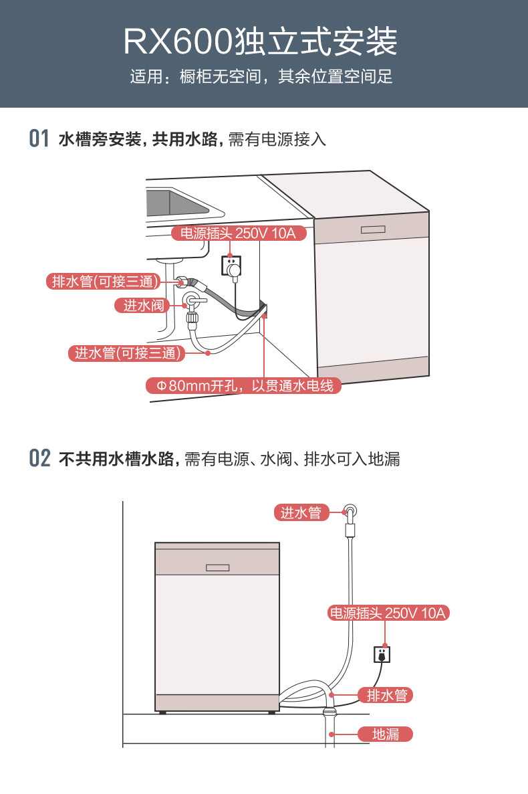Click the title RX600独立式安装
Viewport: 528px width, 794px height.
point(261,41)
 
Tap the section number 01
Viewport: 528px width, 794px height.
point(39,139)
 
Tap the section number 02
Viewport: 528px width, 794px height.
point(39,459)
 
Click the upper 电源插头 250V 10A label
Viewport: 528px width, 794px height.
point(234,233)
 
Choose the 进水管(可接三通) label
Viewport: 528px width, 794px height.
point(126,353)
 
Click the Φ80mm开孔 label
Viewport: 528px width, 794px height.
point(244,386)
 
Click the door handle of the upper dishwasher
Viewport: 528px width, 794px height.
point(373,229)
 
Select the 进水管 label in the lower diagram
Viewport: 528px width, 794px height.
point(301,513)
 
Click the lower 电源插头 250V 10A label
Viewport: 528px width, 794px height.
point(388,613)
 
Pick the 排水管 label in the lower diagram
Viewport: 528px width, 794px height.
point(386,695)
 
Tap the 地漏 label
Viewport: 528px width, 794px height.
point(386,734)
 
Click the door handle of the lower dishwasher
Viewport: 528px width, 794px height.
point(217,568)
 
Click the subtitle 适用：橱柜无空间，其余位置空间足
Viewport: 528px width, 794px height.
point(261,77)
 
